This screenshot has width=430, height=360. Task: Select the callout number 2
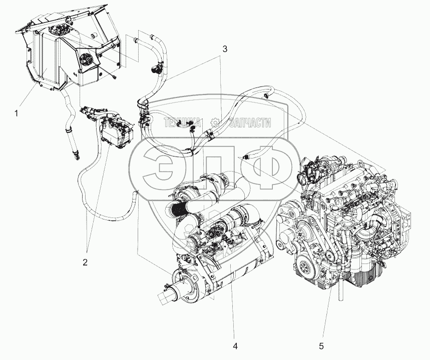pyautogui.click(x=86, y=261)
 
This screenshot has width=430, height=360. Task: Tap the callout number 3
pyautogui.click(x=225, y=49)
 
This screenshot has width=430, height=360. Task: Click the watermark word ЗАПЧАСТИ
pyautogui.click(x=250, y=122)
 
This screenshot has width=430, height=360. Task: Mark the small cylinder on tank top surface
pyautogui.click(x=94, y=36)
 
